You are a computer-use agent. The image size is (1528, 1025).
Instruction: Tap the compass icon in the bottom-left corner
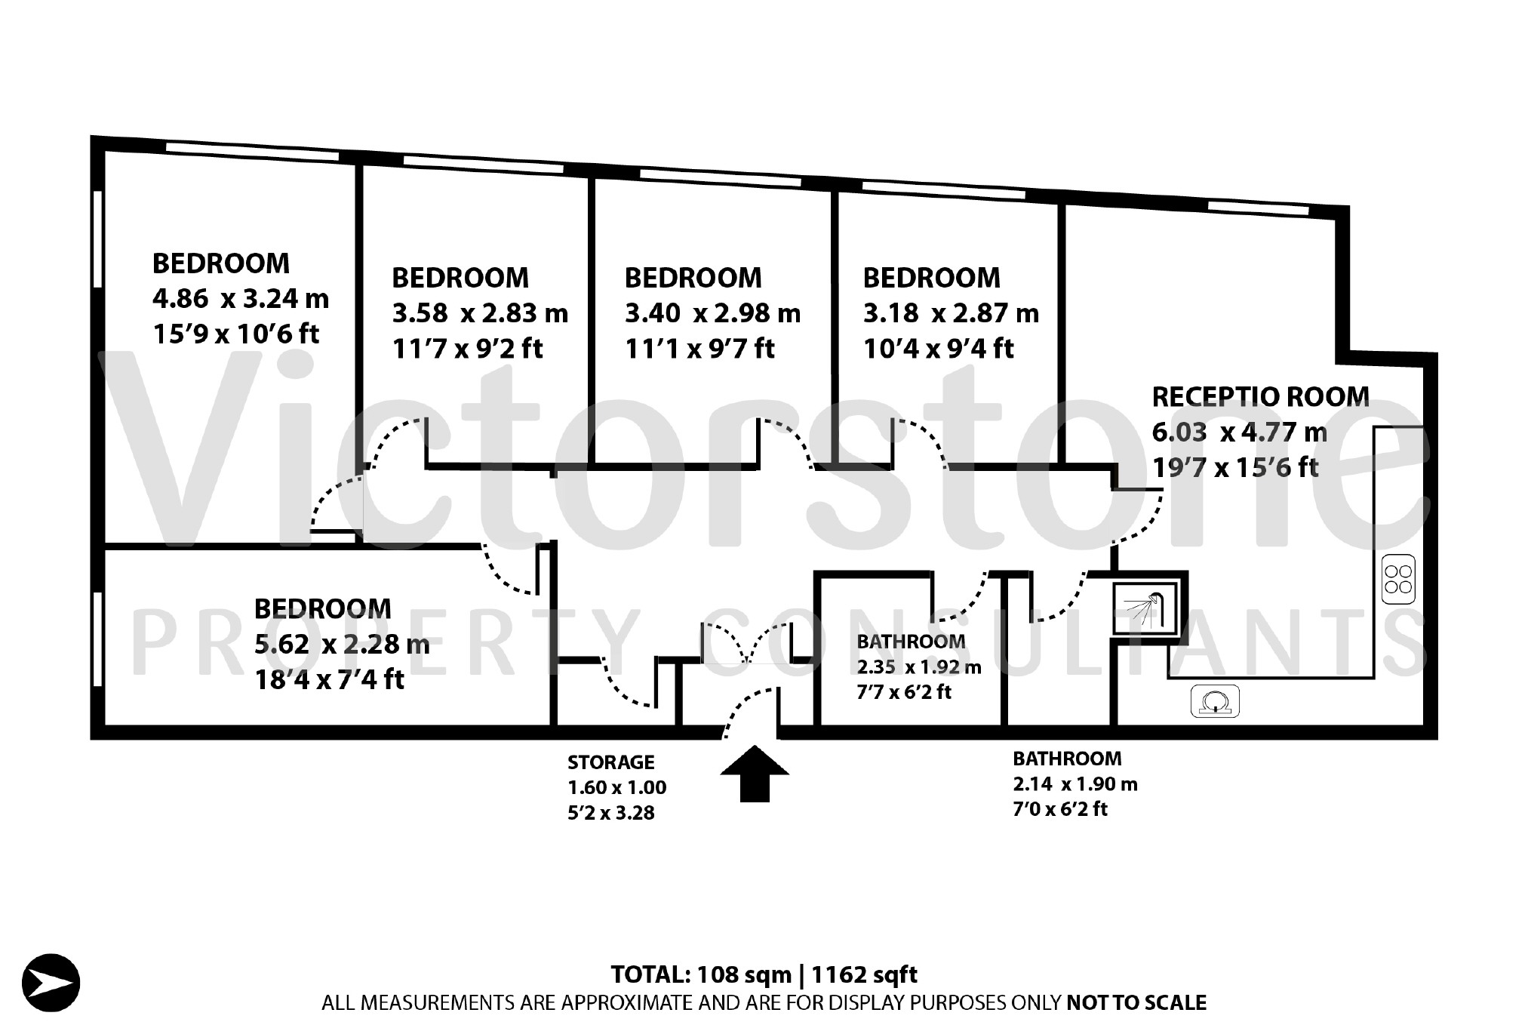[x=51, y=983]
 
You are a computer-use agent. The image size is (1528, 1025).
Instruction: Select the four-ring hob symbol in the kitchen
[x=1398, y=580]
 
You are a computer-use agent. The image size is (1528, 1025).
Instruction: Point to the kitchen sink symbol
[x=1215, y=701]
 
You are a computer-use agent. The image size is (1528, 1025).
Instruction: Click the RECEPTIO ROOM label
[x=1260, y=396]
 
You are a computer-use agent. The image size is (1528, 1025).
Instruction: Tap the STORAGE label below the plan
[x=610, y=762]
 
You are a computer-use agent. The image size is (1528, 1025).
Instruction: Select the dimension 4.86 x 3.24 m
[x=241, y=299]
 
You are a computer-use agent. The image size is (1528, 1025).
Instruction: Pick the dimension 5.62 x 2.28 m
[x=342, y=644]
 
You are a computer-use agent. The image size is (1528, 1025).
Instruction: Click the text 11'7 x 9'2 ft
[x=467, y=348]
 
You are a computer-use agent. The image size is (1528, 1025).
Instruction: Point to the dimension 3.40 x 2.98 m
[x=712, y=312]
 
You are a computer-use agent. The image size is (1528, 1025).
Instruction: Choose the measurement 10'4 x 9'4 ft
[x=939, y=348]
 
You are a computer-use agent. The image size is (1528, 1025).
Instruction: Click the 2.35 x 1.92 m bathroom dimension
[x=919, y=667]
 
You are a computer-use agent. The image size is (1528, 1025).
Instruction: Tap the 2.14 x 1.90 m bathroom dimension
[x=1075, y=784]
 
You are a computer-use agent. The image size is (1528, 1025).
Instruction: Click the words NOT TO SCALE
[x=1136, y=1002]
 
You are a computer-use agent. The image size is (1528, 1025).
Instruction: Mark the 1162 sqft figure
[x=865, y=974]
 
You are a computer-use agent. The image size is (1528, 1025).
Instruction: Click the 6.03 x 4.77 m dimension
[x=1240, y=432]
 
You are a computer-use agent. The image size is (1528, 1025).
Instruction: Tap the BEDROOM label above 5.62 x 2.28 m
[x=322, y=608]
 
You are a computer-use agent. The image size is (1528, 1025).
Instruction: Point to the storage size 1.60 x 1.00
[x=617, y=788]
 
